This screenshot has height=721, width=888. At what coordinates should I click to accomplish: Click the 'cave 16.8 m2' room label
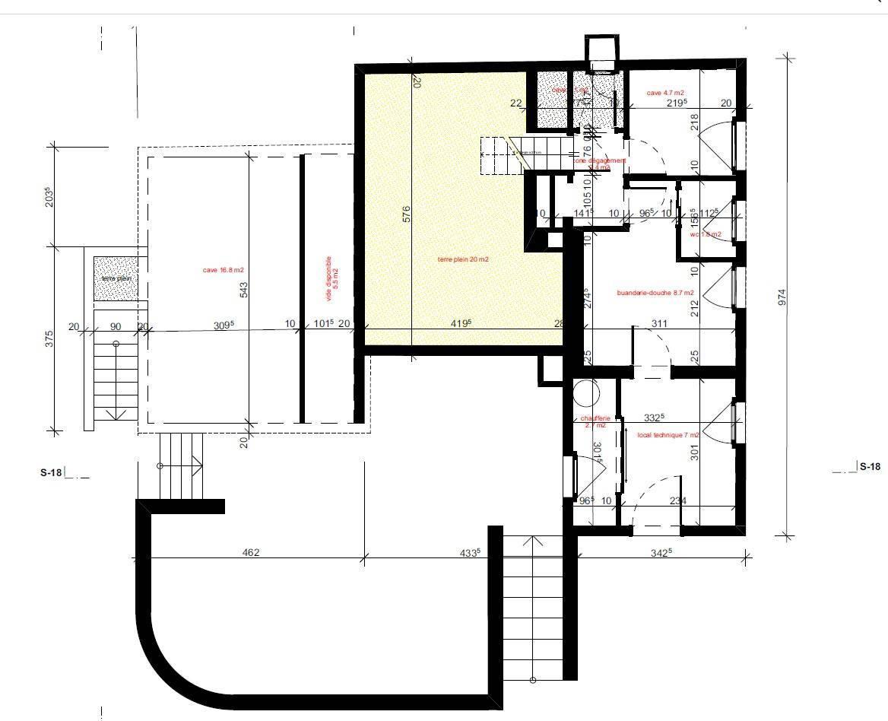tap(223, 270)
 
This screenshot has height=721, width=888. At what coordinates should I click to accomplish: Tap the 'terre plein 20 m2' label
tap(462, 259)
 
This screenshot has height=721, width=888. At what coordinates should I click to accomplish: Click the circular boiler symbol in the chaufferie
tap(586, 393)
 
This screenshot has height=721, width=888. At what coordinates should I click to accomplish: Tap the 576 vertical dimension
tap(406, 215)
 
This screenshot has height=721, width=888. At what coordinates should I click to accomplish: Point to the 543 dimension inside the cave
tap(244, 290)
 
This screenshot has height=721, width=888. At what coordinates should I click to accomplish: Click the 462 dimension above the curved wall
tap(251, 552)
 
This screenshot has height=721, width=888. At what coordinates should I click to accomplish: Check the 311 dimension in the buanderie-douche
tap(659, 324)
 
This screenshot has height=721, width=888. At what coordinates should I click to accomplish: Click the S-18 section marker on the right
tap(870, 467)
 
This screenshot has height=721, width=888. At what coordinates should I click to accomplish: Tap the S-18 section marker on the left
tap(50, 472)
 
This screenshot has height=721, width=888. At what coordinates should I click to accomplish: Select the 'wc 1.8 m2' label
tap(705, 234)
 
